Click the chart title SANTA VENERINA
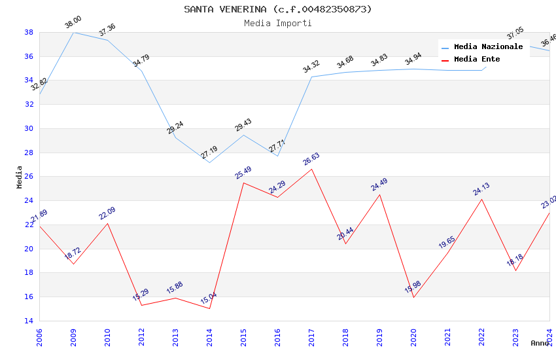(x=277, y=9)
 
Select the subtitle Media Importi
(x=277, y=23)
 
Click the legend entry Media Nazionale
(x=488, y=46)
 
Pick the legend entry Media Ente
(x=477, y=59)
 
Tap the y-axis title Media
(x=19, y=177)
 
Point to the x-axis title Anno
(x=540, y=343)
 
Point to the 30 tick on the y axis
(x=29, y=128)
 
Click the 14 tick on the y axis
(x=29, y=321)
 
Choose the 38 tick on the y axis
(x=29, y=32)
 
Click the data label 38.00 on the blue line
(x=73, y=24)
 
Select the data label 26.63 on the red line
(x=311, y=159)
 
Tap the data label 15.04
(x=209, y=298)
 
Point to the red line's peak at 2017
(x=311, y=169)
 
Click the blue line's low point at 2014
(x=209, y=162)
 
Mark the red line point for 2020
(x=413, y=297)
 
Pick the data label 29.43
(x=243, y=125)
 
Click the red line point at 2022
(x=481, y=199)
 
